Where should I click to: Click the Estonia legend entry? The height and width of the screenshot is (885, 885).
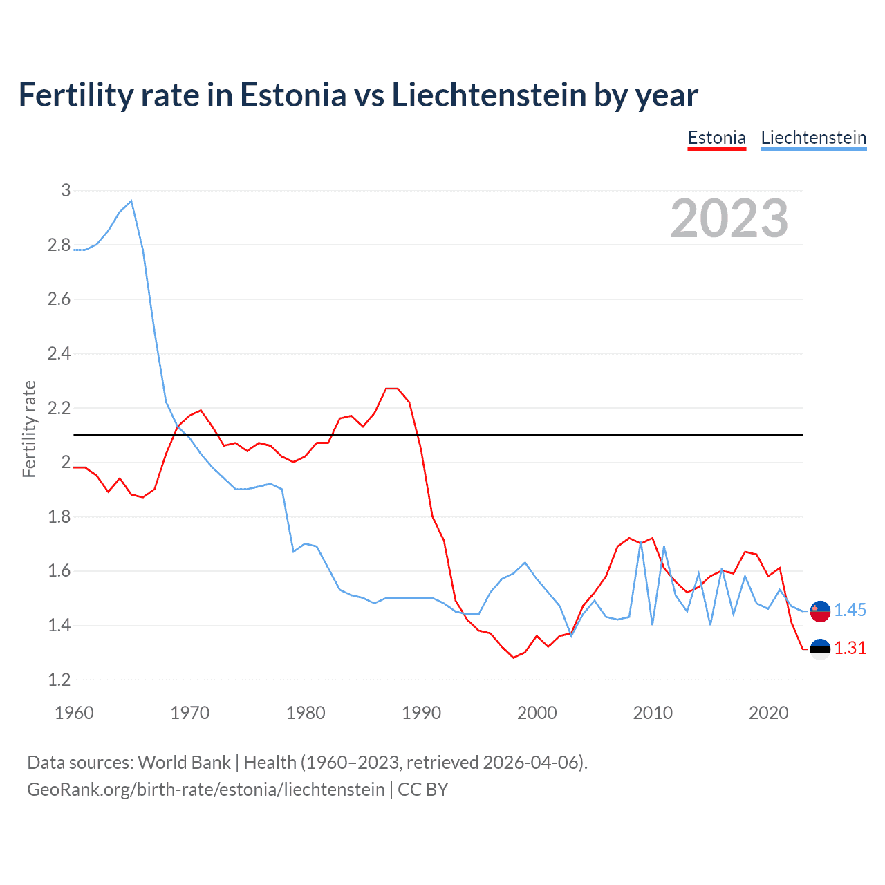(x=716, y=138)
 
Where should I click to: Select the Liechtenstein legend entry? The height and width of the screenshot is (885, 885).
(x=813, y=138)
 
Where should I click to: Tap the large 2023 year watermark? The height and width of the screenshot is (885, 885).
(x=729, y=218)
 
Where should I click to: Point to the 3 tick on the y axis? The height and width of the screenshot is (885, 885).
(x=66, y=190)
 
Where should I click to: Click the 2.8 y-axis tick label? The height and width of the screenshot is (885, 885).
(x=59, y=245)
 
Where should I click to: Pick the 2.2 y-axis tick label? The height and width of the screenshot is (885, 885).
(x=59, y=408)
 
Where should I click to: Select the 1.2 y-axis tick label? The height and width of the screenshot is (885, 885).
(x=59, y=680)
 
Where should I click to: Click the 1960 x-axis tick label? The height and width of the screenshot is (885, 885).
(x=74, y=713)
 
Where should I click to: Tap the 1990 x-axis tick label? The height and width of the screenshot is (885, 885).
(x=421, y=713)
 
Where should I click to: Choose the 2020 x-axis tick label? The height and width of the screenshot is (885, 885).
(x=768, y=713)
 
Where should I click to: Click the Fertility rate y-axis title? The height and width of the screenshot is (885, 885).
(x=29, y=429)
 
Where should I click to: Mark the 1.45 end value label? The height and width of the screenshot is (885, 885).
(x=850, y=610)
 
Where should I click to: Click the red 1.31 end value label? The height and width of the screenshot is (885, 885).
(x=850, y=648)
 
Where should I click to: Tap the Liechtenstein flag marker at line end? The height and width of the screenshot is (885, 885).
(x=820, y=611)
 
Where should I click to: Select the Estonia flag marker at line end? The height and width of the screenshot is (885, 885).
(x=820, y=649)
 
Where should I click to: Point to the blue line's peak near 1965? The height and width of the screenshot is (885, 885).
(x=131, y=201)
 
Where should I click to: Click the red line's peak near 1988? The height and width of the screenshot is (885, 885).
(x=392, y=389)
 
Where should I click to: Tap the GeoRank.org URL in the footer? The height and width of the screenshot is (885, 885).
(x=205, y=789)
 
